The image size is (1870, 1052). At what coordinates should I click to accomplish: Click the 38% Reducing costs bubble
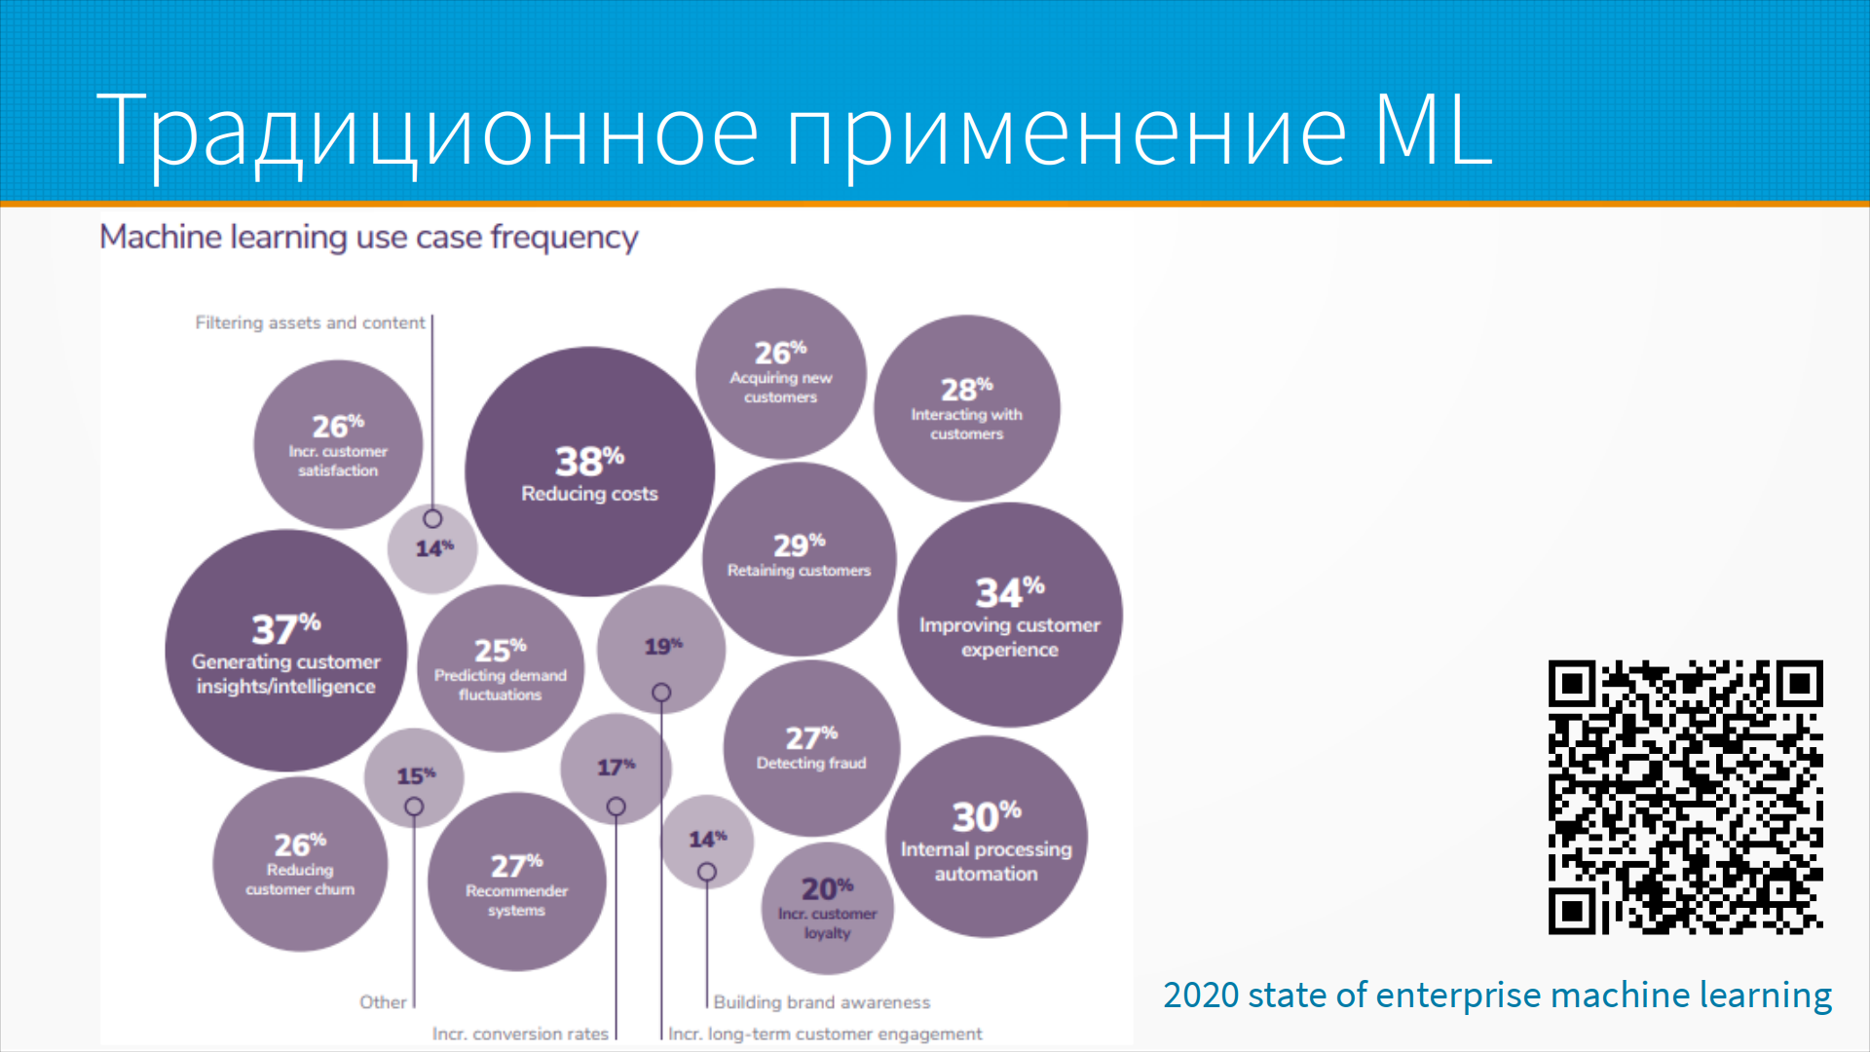(x=589, y=472)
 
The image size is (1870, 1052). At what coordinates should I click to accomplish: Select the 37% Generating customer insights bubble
(x=285, y=651)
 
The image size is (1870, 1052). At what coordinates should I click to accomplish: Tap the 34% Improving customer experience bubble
(x=1010, y=615)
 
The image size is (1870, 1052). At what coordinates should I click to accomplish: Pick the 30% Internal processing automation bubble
(x=986, y=837)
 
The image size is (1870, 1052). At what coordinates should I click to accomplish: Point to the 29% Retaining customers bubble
(x=799, y=559)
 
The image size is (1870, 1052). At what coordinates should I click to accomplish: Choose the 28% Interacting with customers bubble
(x=967, y=408)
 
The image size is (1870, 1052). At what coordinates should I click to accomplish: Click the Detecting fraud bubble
(x=811, y=748)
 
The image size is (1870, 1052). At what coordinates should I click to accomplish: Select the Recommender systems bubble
(x=516, y=882)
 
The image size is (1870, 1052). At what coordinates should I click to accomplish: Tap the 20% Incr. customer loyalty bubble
(x=827, y=909)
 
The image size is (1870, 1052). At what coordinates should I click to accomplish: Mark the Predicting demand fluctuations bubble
(x=501, y=668)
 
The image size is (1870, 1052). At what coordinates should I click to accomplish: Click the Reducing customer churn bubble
(x=300, y=864)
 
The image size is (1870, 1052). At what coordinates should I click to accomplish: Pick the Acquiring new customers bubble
(x=780, y=372)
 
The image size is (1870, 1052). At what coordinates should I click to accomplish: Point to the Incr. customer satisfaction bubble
(x=338, y=445)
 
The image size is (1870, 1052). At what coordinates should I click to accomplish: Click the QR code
(x=1686, y=798)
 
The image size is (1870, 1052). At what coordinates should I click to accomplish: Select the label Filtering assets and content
(x=310, y=322)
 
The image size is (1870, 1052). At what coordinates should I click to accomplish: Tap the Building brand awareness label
(x=822, y=1002)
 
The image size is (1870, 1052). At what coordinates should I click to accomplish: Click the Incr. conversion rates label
(x=520, y=1033)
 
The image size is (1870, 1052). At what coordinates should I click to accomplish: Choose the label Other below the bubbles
(x=383, y=1002)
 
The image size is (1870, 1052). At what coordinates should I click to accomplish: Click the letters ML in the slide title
(x=1433, y=130)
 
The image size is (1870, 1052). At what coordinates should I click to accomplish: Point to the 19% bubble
(x=661, y=649)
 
